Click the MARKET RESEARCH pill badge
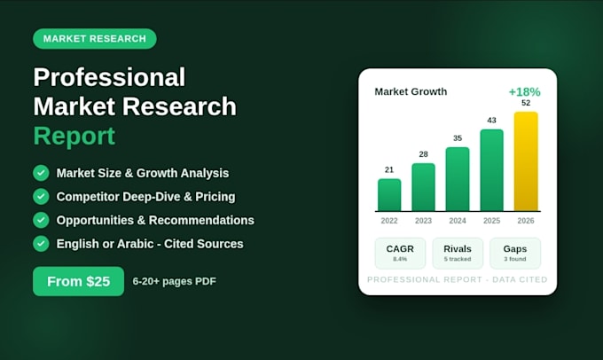click(95, 39)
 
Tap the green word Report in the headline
click(74, 137)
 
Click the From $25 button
click(78, 281)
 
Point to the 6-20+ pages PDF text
click(174, 281)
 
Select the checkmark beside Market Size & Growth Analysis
click(41, 173)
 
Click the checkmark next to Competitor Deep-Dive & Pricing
click(41, 197)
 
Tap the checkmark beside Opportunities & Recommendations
click(41, 220)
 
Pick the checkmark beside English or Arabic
click(41, 244)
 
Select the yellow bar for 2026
click(526, 161)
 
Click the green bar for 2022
click(389, 195)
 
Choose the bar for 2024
click(458, 179)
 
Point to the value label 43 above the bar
click(491, 121)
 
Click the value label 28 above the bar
click(423, 154)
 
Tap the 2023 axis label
click(423, 221)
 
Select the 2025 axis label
click(491, 221)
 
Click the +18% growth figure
click(525, 92)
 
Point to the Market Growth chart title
click(411, 91)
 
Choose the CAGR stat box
click(400, 253)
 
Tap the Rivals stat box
click(458, 253)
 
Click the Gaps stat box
click(515, 253)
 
